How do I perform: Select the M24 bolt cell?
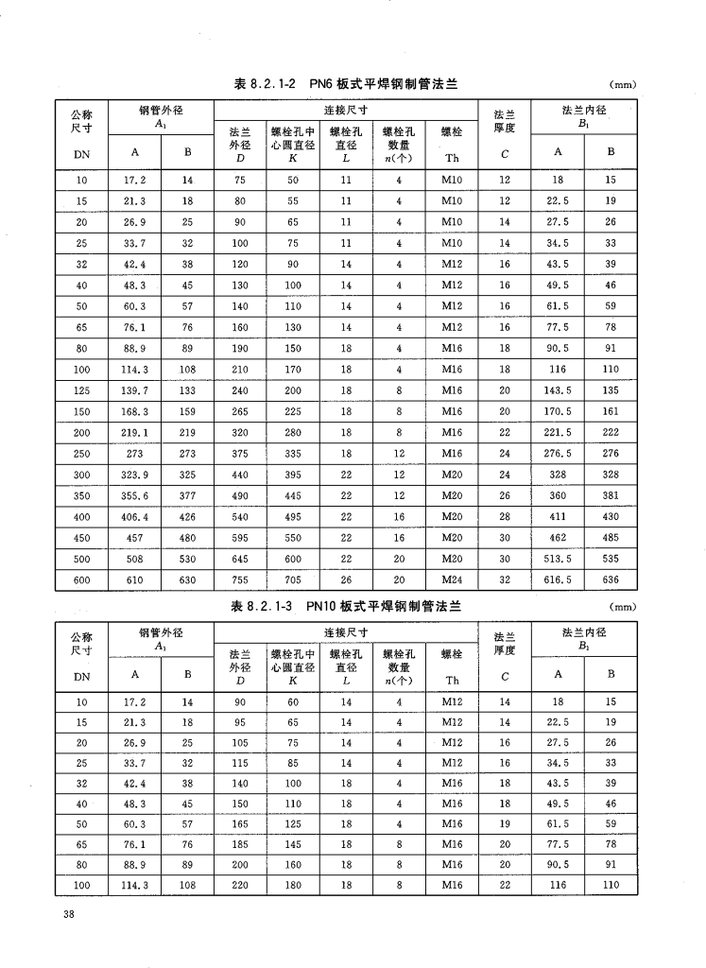pos(452,580)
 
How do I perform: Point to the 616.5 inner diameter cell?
pos(558,580)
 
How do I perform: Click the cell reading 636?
pos(611,580)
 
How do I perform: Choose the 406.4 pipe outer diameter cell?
pos(135,517)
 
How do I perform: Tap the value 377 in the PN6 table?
pos(187,495)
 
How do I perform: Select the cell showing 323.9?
pos(135,475)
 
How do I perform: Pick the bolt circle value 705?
pos(293,580)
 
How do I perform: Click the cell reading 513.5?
pos(558,559)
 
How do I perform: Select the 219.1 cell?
pos(135,432)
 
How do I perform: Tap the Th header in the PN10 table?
pos(452,680)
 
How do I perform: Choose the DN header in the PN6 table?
pos(81,151)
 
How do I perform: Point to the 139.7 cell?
pos(135,389)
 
